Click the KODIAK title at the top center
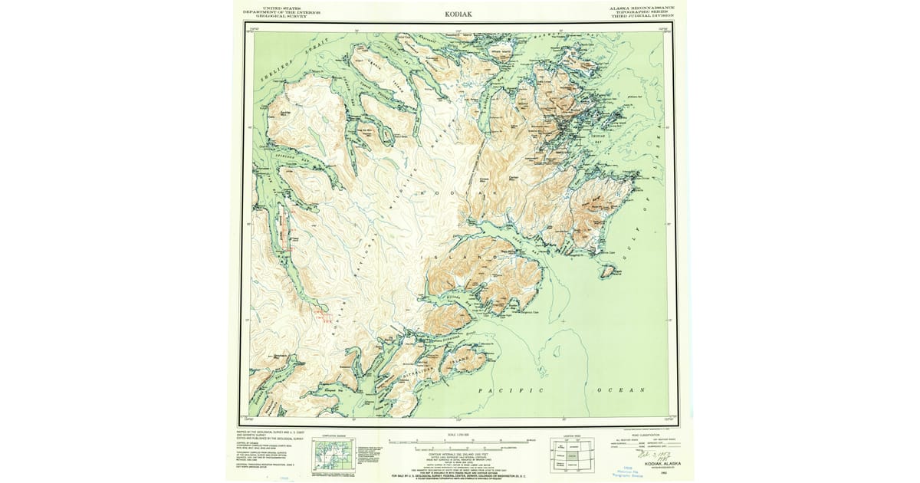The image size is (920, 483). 459,14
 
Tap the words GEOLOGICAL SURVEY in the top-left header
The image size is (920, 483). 281,17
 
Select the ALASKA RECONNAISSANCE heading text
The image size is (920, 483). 642,8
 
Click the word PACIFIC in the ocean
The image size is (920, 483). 504,391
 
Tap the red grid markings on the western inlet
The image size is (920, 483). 322,314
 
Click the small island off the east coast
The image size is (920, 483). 611,270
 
